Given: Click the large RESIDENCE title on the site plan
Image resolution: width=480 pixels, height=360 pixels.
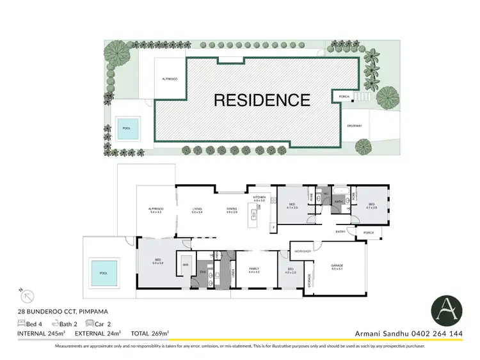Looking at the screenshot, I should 262,100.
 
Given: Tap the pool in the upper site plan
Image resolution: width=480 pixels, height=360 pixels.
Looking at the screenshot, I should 127,128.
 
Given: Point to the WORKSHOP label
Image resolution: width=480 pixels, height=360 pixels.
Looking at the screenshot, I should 303,251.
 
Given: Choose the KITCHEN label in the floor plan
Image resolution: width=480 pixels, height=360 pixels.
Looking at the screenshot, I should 259,198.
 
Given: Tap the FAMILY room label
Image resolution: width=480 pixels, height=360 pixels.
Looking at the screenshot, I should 253,269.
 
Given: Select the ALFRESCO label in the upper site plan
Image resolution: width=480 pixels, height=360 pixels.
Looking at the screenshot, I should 170,78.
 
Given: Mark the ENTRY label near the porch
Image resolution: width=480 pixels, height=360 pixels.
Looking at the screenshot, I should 340,231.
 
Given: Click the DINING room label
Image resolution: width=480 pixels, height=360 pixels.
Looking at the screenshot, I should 231,208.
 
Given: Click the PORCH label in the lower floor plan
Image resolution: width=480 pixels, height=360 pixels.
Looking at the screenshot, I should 368,232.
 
